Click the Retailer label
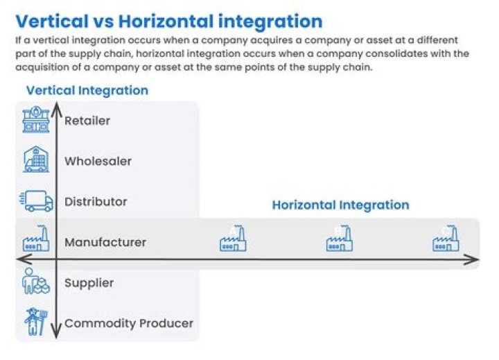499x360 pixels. (87, 121)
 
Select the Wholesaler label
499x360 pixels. (98, 161)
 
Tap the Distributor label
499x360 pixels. (96, 201)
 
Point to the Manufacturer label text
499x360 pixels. (105, 242)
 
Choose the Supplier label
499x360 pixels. (89, 282)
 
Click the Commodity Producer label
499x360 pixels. (129, 323)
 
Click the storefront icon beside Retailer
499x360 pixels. (36, 120)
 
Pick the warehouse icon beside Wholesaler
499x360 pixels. (36, 160)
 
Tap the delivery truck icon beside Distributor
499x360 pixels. (36, 201)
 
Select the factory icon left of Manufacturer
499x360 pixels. (36, 240)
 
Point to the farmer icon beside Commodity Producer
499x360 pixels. (36, 322)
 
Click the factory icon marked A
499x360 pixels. (234, 239)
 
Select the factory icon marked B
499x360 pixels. (340, 239)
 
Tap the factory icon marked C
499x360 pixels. (446, 239)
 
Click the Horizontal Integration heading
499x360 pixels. (340, 205)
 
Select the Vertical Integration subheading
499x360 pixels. (87, 90)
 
